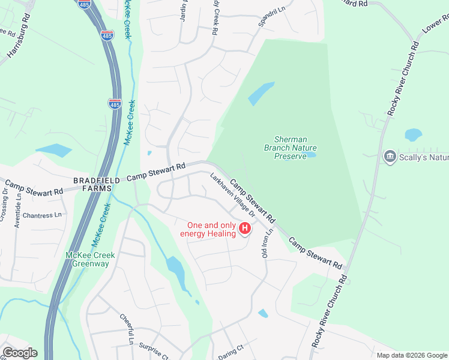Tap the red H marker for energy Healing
pyautogui.click(x=245, y=229)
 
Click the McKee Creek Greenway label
pyautogui.click(x=90, y=259)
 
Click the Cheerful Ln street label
pyautogui.click(x=127, y=329)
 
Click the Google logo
pyautogui.click(x=19, y=353)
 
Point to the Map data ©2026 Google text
pyautogui.click(x=411, y=355)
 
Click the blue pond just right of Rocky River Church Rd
pyautogui.click(x=413, y=134)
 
